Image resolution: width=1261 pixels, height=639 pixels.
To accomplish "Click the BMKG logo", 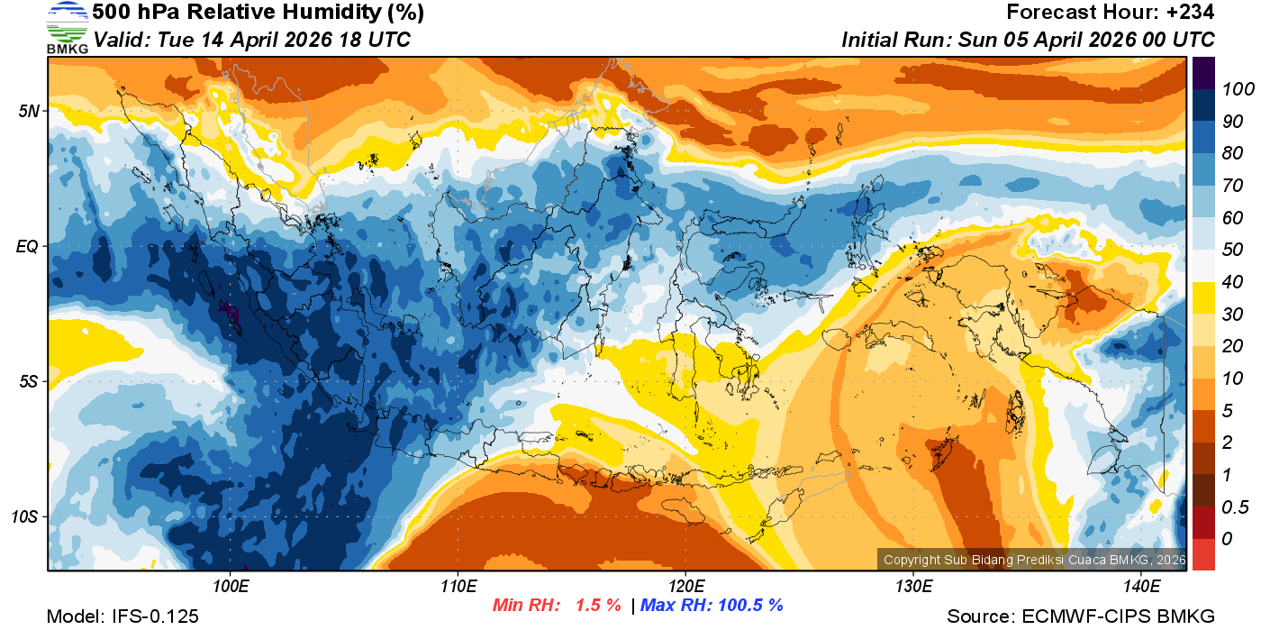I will [67, 27].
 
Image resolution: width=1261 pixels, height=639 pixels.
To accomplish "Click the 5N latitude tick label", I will [29, 111].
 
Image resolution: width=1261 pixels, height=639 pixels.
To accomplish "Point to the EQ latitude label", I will [29, 246].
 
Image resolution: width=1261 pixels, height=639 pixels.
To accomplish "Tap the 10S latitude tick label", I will [26, 517].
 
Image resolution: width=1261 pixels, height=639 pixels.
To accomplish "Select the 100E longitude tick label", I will [231, 587].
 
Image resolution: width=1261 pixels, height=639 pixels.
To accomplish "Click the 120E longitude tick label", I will [685, 587].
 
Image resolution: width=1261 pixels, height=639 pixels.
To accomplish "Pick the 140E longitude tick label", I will [1141, 587].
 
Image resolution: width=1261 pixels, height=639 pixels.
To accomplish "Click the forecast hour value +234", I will [1192, 13].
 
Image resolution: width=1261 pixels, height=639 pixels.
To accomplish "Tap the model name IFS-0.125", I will [153, 616].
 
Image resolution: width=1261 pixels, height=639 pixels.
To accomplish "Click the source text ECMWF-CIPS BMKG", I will [1118, 616].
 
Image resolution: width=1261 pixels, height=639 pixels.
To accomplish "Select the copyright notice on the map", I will [1033, 560].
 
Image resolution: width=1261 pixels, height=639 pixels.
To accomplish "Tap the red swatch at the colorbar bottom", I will [1203, 554].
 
